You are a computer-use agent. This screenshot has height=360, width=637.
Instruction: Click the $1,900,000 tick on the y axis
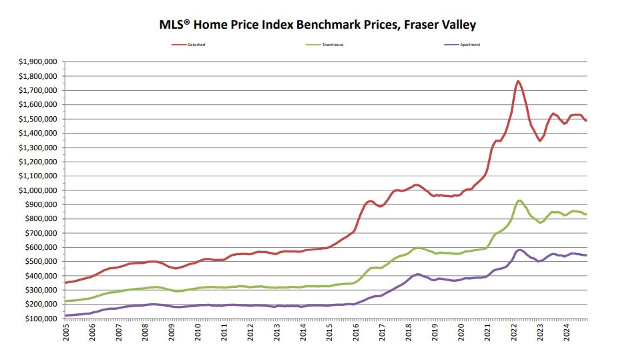coord(38,61)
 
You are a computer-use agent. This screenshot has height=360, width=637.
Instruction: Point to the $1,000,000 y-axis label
coord(38,190)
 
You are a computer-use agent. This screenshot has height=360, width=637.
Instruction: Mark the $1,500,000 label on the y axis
coord(38,119)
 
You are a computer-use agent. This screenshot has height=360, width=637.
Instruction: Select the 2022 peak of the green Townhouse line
coord(519,200)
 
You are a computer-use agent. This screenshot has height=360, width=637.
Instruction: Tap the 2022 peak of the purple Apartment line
coord(519,249)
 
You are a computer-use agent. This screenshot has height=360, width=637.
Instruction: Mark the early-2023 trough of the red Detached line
coord(540,140)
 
